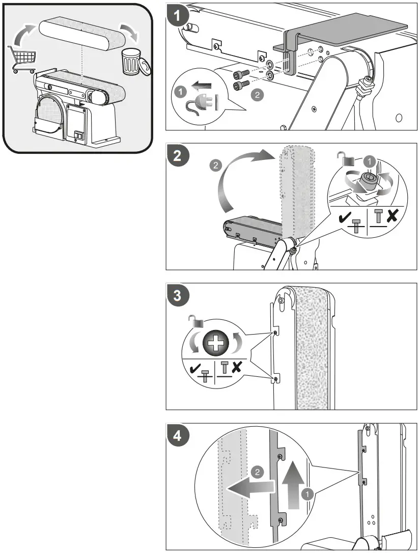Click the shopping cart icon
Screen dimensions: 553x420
click(x=21, y=59)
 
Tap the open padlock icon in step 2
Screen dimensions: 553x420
click(x=349, y=160)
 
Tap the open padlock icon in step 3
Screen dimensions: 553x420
click(x=193, y=320)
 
